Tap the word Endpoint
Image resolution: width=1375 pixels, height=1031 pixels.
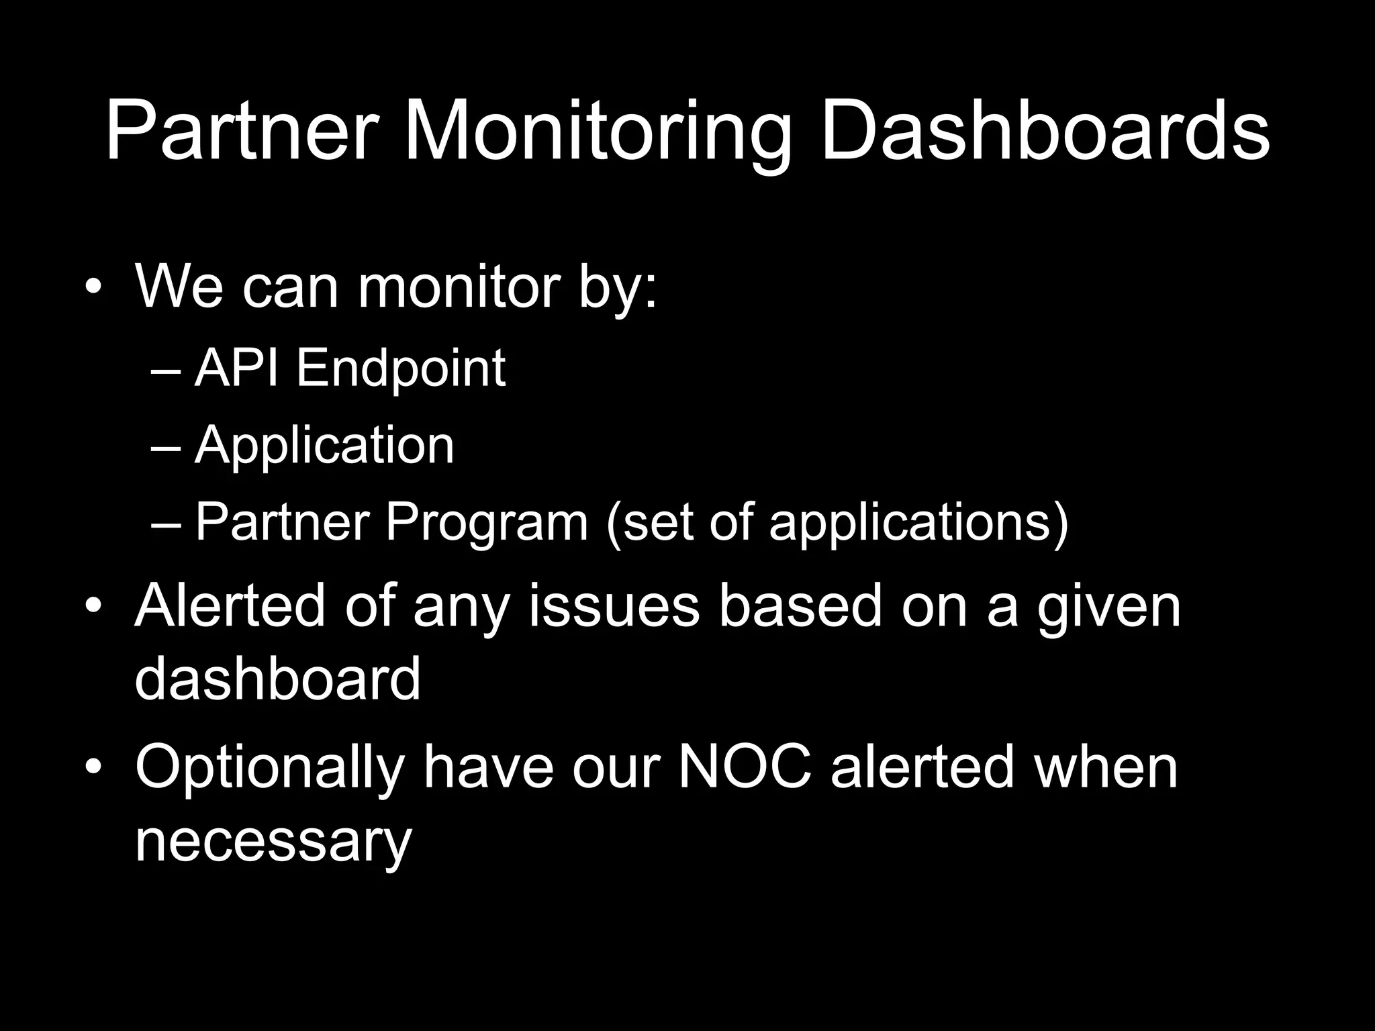tap(401, 369)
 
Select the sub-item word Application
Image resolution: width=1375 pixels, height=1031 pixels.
tap(324, 445)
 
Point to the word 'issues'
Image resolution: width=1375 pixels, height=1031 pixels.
tap(614, 606)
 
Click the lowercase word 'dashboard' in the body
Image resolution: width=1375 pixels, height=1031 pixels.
tap(278, 679)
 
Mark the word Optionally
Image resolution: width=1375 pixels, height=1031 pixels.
tap(270, 769)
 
